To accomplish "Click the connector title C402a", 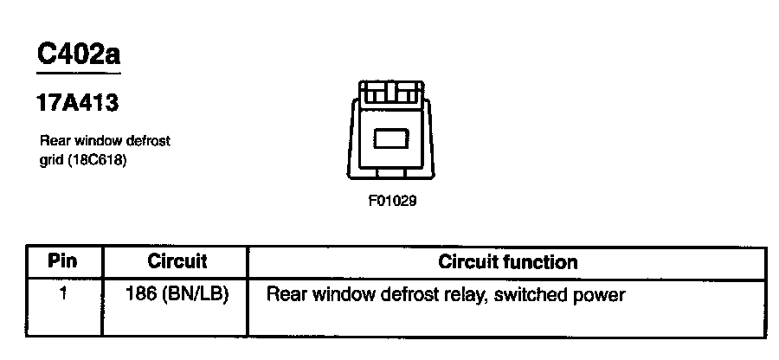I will (78, 55).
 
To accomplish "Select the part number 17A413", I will (77, 103).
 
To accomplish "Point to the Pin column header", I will (62, 260).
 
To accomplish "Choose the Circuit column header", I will (177, 260).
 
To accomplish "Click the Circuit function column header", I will (508, 260).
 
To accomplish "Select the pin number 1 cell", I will (62, 294).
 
